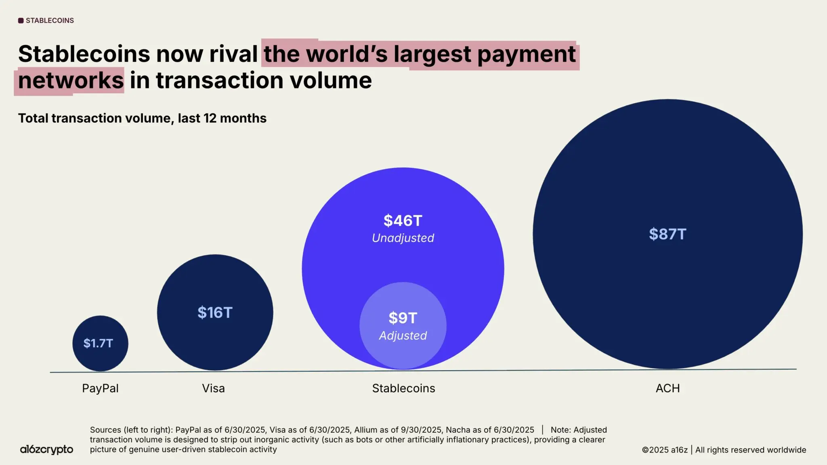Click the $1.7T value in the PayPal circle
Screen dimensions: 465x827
(x=98, y=343)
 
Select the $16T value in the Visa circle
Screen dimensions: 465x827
(x=215, y=312)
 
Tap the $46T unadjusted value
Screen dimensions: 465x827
(x=403, y=221)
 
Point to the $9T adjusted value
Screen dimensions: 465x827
(x=403, y=318)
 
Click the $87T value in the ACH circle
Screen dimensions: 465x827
(x=667, y=234)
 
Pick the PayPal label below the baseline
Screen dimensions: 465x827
(x=100, y=388)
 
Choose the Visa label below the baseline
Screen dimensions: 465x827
(x=213, y=388)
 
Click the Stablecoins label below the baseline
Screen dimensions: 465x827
(x=403, y=388)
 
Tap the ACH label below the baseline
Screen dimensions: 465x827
(x=667, y=388)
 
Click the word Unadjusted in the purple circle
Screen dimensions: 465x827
(x=403, y=238)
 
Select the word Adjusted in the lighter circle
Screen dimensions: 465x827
(x=403, y=335)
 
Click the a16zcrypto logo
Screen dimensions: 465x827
(x=46, y=449)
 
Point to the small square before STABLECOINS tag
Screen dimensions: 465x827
(x=21, y=21)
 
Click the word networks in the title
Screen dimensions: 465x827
(x=71, y=80)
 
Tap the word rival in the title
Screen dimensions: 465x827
(x=233, y=54)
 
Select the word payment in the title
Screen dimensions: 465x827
(x=527, y=54)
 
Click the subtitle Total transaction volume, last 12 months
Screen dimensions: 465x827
(x=142, y=118)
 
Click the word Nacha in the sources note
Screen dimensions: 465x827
(x=458, y=430)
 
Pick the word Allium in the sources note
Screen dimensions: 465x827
(x=367, y=430)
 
